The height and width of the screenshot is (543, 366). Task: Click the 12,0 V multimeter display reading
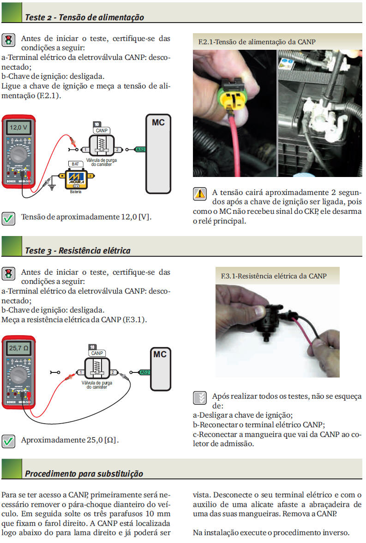click(18, 127)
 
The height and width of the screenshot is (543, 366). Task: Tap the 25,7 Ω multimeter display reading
click(19, 348)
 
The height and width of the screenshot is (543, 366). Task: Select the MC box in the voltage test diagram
click(158, 154)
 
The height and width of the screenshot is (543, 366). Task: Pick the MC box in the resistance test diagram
click(160, 369)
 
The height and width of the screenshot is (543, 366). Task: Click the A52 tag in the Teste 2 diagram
click(140, 150)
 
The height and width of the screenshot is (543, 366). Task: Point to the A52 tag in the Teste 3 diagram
click(144, 372)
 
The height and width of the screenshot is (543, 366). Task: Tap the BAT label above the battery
click(75, 164)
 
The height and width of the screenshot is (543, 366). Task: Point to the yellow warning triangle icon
click(200, 194)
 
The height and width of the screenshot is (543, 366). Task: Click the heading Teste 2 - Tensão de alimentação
click(84, 18)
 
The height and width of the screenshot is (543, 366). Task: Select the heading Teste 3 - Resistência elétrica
click(78, 251)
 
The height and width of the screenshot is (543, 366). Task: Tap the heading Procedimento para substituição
click(84, 473)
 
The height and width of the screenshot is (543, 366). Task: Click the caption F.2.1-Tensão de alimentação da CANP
click(257, 42)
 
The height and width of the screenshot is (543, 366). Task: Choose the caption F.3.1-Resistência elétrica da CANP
click(274, 276)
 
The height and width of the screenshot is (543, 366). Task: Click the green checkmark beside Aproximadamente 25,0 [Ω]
click(8, 441)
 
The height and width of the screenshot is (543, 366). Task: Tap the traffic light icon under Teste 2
click(8, 40)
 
